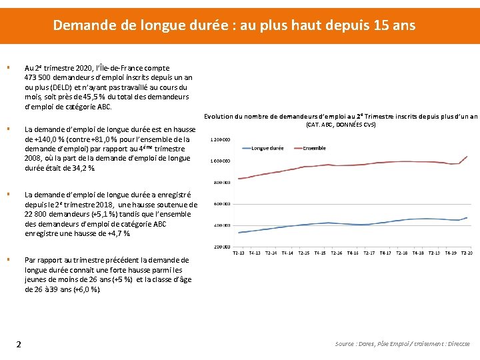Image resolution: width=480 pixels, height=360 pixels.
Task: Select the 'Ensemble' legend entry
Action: pyautogui.click(x=314, y=147)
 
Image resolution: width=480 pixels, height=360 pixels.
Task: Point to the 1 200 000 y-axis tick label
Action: pyautogui.click(x=220, y=140)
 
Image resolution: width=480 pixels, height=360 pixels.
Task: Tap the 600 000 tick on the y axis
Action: pyautogui.click(x=222, y=204)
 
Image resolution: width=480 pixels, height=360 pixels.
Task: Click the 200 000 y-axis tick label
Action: pyautogui.click(x=222, y=247)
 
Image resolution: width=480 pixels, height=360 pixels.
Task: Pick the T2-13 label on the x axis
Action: pyautogui.click(x=239, y=253)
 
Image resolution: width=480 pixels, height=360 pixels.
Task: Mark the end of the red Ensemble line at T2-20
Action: pyautogui.click(x=467, y=156)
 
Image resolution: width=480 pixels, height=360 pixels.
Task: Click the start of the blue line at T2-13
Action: pyautogui.click(x=239, y=233)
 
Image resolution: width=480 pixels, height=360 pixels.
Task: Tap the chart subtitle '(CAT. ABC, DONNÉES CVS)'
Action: pyautogui.click(x=340, y=125)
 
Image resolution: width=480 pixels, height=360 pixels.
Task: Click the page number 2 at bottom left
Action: pyautogui.click(x=19, y=344)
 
